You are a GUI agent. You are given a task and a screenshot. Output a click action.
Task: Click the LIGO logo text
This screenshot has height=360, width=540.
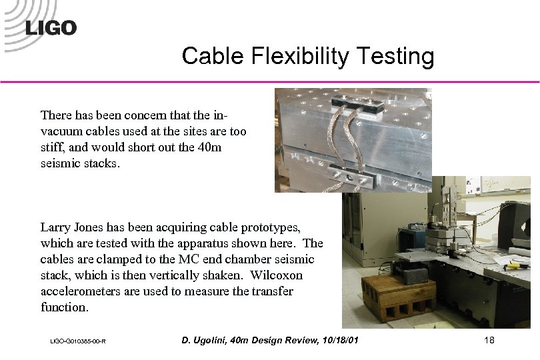tap(51, 28)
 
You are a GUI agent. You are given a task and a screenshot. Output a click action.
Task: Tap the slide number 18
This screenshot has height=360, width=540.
tap(489, 341)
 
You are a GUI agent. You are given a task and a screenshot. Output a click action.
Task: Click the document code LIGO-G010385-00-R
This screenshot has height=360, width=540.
tap(78, 342)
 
